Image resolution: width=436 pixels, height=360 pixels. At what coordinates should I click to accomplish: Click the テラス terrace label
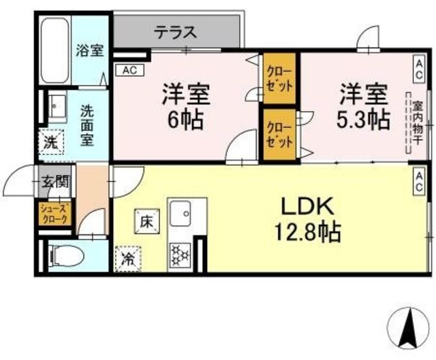(x=175, y=31)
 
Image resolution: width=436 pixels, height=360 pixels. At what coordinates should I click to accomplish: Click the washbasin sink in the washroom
(x=55, y=108)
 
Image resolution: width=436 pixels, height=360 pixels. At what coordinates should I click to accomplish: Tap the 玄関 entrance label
(x=54, y=182)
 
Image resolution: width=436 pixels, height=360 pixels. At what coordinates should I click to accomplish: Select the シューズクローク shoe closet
(x=54, y=214)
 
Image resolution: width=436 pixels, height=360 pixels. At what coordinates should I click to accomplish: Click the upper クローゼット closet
(x=279, y=79)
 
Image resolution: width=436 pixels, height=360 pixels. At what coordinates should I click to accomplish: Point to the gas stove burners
(x=180, y=255)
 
